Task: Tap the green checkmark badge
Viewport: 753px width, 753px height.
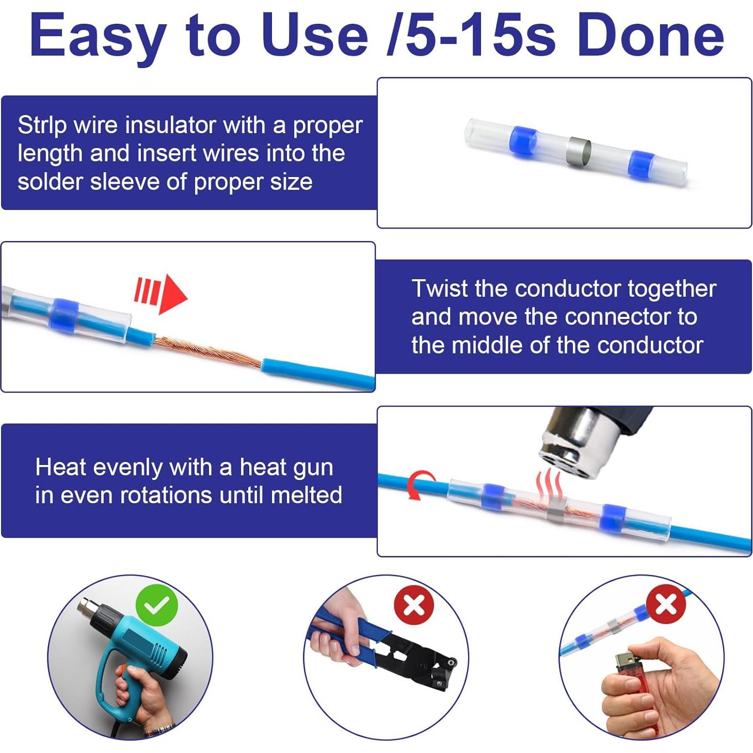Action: (157, 605)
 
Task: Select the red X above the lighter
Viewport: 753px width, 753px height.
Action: (666, 604)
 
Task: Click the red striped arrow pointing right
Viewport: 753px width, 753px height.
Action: (161, 295)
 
